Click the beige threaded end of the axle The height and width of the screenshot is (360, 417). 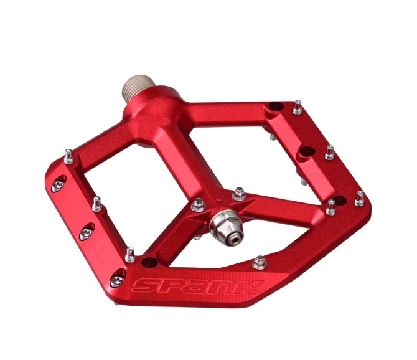click(x=138, y=87)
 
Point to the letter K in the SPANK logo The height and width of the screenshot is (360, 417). click(x=250, y=287)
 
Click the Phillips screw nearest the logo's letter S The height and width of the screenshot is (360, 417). click(x=117, y=280)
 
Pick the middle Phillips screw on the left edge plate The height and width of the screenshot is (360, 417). click(x=86, y=232)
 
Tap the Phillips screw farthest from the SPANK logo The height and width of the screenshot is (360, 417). click(x=58, y=184)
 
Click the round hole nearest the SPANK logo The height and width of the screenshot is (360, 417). click(x=149, y=262)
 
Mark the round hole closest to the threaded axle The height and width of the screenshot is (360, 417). click(x=276, y=107)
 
